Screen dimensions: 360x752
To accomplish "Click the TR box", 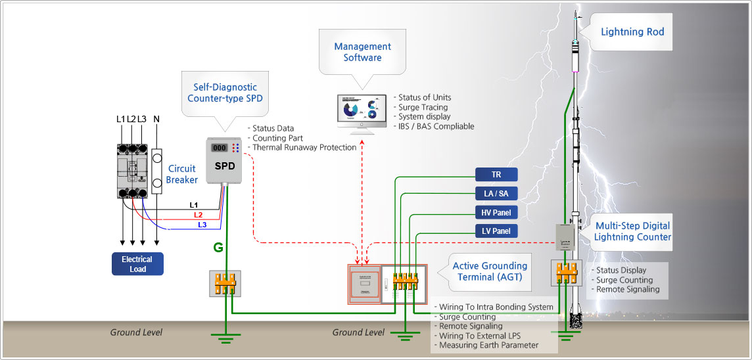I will pyautogui.click(x=496, y=174).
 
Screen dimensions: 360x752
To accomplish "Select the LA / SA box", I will pyautogui.click(x=496, y=193).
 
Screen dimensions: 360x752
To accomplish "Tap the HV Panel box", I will pyautogui.click(x=496, y=212).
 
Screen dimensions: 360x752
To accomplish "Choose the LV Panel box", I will pyautogui.click(x=496, y=231).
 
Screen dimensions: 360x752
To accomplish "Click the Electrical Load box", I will pyautogui.click(x=137, y=263).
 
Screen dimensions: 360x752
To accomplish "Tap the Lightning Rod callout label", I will pyautogui.click(x=632, y=32).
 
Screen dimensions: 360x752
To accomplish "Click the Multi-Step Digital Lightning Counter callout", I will pyautogui.click(x=632, y=231).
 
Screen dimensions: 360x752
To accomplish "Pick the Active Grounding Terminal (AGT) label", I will pyautogui.click(x=490, y=271).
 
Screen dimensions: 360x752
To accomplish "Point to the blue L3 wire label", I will pyautogui.click(x=203, y=225).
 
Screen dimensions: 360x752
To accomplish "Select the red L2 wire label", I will pyautogui.click(x=199, y=215).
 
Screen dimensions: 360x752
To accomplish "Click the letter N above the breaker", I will pyautogui.click(x=156, y=119).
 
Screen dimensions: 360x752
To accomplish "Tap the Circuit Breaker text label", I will pyautogui.click(x=181, y=174).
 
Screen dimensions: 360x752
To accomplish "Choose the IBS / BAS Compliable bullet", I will pyautogui.click(x=436, y=126).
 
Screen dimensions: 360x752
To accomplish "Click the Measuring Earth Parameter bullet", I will pyautogui.click(x=488, y=345).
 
